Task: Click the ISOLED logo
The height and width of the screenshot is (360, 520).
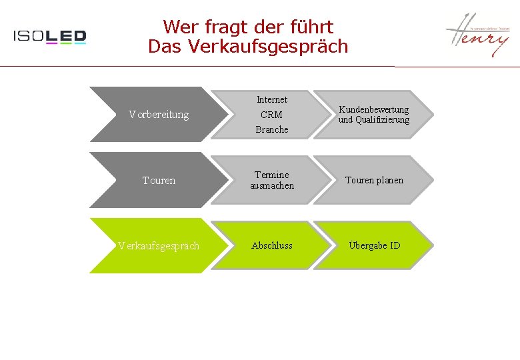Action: click(x=50, y=37)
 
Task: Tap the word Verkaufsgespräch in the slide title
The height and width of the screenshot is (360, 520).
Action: click(x=268, y=47)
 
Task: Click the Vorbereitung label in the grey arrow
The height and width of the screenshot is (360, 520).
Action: click(x=159, y=115)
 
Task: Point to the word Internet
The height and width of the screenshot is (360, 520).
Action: click(x=272, y=99)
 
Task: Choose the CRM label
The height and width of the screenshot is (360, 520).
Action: click(x=271, y=115)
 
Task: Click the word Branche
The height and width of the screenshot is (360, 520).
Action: click(x=272, y=129)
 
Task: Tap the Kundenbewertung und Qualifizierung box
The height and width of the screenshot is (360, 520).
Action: click(x=373, y=115)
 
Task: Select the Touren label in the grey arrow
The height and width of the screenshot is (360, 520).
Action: click(x=159, y=180)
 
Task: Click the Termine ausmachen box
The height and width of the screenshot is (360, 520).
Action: click(x=272, y=180)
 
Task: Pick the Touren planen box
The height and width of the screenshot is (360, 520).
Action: click(x=373, y=180)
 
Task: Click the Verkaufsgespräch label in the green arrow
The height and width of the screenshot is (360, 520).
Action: click(x=159, y=245)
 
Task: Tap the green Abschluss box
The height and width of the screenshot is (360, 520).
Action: click(x=272, y=245)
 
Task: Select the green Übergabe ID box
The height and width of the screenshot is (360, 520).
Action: click(x=374, y=245)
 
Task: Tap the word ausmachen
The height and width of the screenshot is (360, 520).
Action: click(x=272, y=185)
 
